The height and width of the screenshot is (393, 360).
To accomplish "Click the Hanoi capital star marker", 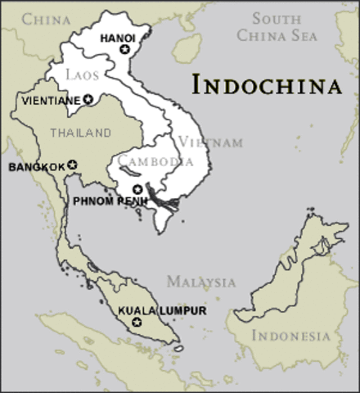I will [124, 50].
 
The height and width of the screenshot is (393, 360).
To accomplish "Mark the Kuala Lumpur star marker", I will [137, 323].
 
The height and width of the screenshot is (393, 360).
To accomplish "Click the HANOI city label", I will [116, 38].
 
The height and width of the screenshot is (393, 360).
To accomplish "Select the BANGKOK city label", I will [36, 167].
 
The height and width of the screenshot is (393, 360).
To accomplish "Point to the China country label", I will [46, 19].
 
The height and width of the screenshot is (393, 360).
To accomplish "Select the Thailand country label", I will [79, 133].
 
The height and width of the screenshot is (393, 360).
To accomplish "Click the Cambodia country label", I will [155, 160].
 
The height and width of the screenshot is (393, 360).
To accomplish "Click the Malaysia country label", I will [200, 282].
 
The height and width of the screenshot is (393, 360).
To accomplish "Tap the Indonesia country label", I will [290, 336].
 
